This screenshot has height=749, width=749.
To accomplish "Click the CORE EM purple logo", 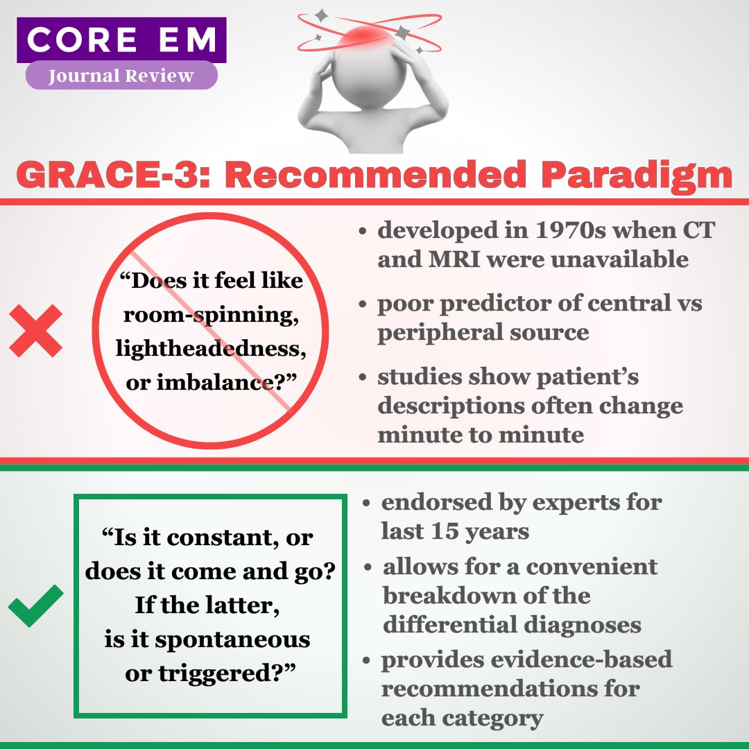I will pos(121,40).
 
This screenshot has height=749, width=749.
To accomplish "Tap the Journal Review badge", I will pos(121,76).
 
